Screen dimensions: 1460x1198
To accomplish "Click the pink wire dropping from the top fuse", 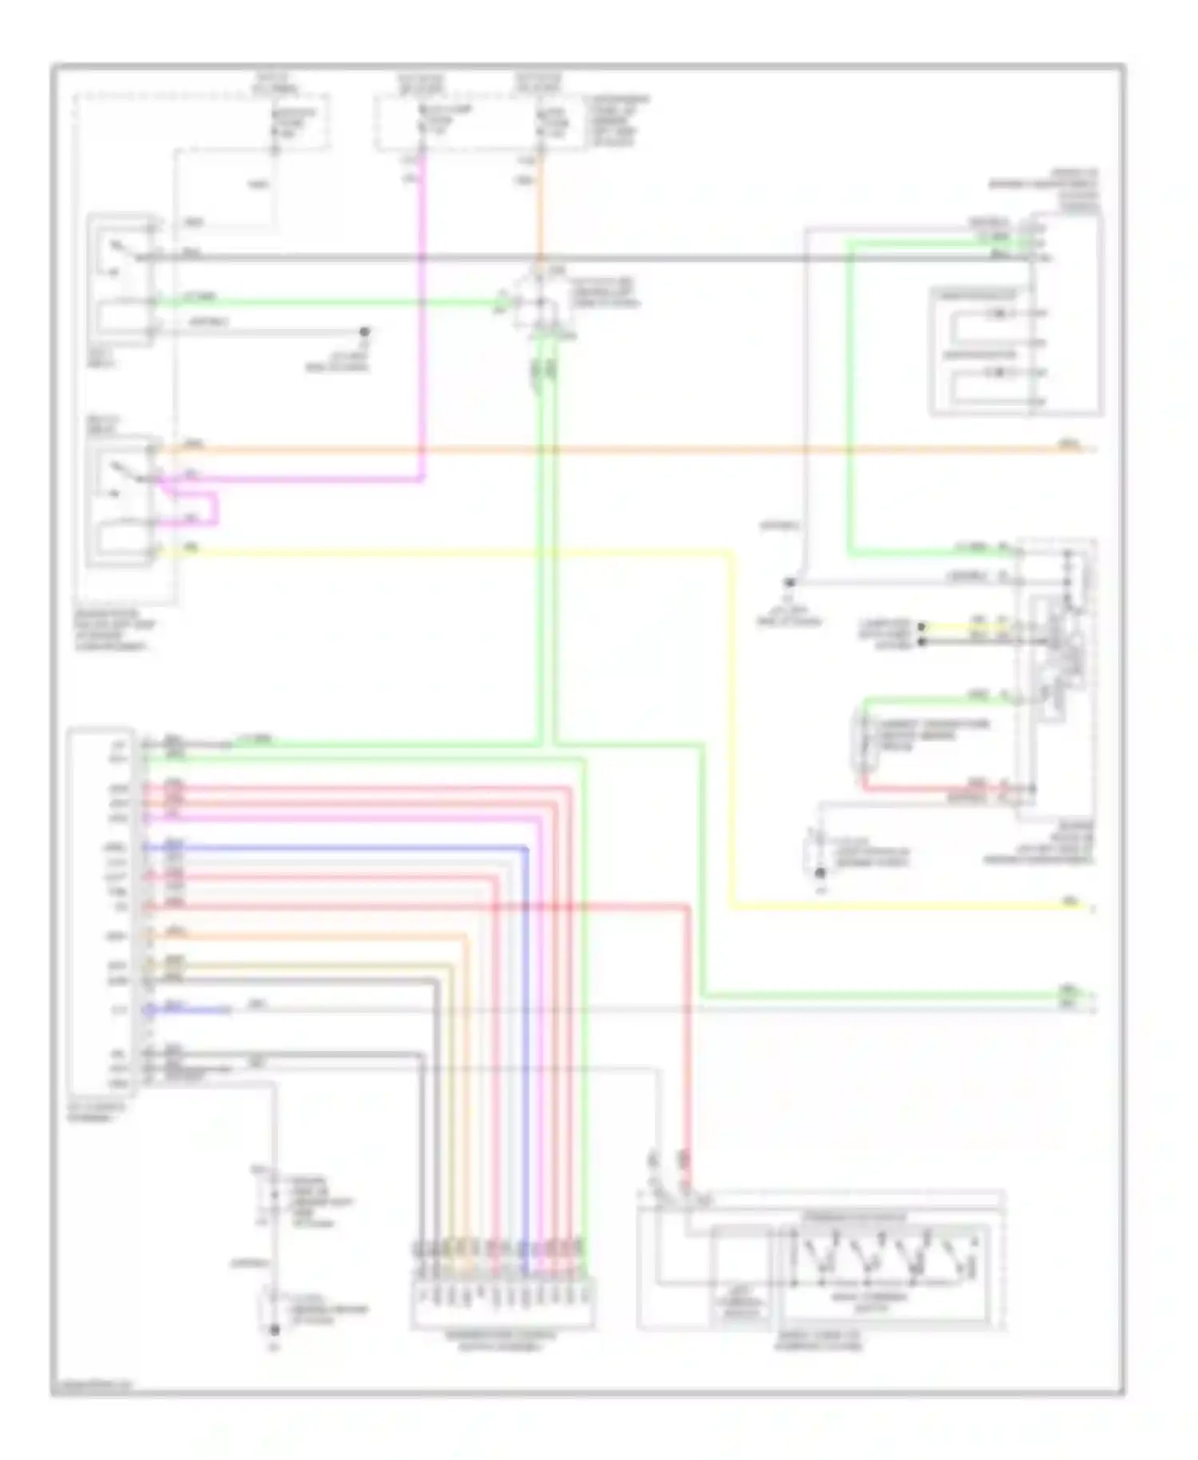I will pos(422,319).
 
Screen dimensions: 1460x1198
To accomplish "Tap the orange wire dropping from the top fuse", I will pos(541,208).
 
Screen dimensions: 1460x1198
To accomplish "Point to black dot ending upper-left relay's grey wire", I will pos(364,331).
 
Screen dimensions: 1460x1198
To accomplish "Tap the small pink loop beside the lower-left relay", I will pos(214,509).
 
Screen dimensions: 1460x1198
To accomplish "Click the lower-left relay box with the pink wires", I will pos(121,501).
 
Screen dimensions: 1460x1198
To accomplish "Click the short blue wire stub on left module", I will pos(192,1010).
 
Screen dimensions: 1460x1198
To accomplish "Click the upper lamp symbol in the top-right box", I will pos(998,313).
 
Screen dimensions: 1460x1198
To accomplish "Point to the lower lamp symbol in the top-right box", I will pos(998,372).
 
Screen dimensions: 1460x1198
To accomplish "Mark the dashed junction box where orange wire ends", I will pos(541,302).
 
